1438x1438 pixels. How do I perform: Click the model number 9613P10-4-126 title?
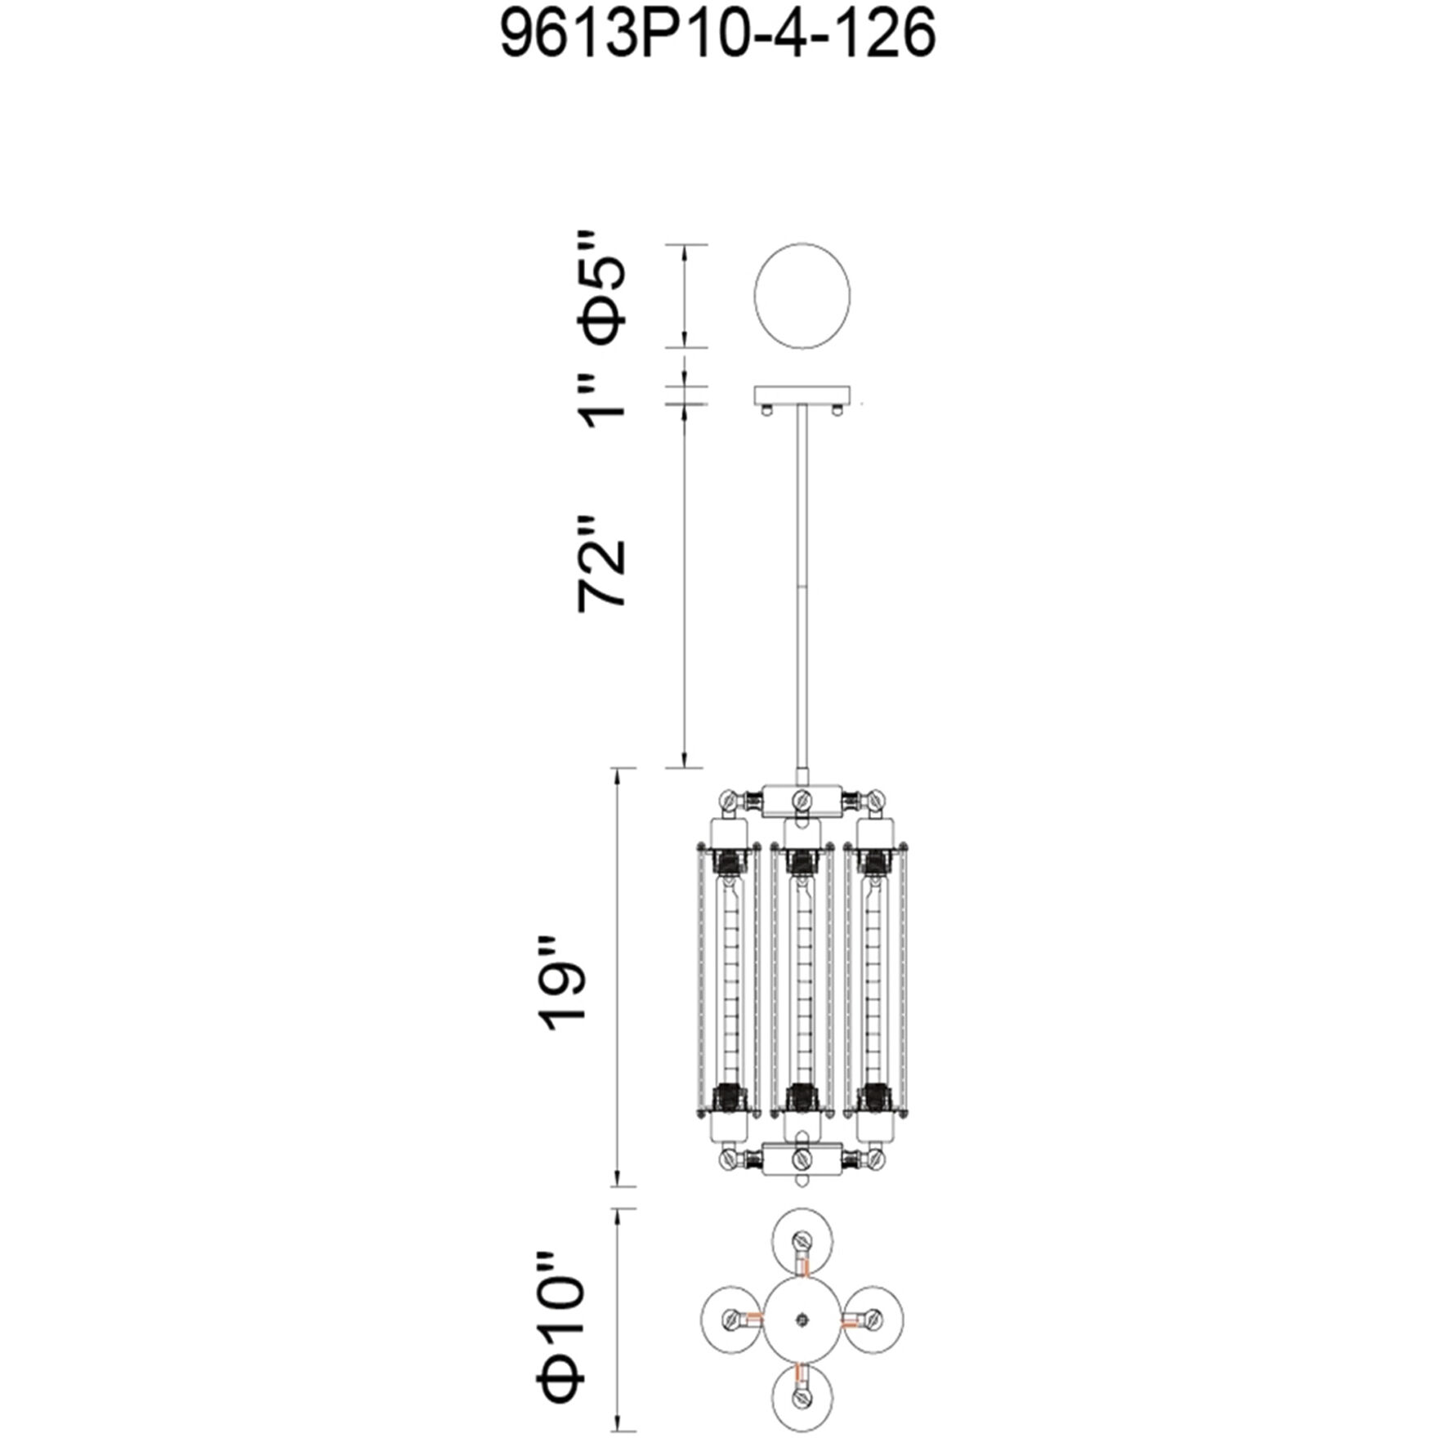point(717,36)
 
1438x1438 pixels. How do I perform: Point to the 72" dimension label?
point(603,563)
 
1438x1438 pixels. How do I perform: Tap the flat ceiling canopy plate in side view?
point(802,395)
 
